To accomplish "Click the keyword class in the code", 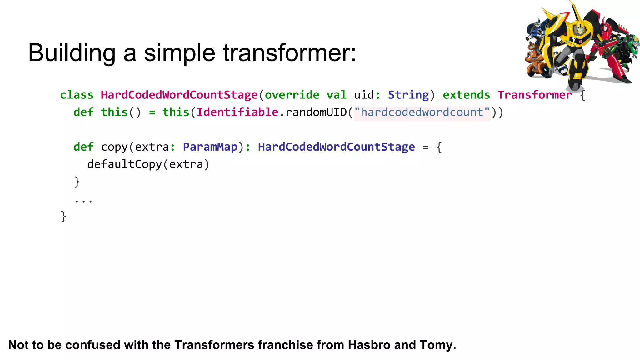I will point(77,95).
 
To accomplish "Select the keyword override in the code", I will point(292,95).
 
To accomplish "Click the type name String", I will point(408,95).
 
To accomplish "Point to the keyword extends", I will point(466,95).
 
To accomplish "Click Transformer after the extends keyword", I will point(535,95).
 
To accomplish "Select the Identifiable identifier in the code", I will point(237,112).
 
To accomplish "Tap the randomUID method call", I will point(316,112).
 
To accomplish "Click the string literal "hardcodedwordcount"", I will point(422,112).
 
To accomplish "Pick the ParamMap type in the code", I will point(210,147).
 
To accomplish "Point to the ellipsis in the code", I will point(83,201).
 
